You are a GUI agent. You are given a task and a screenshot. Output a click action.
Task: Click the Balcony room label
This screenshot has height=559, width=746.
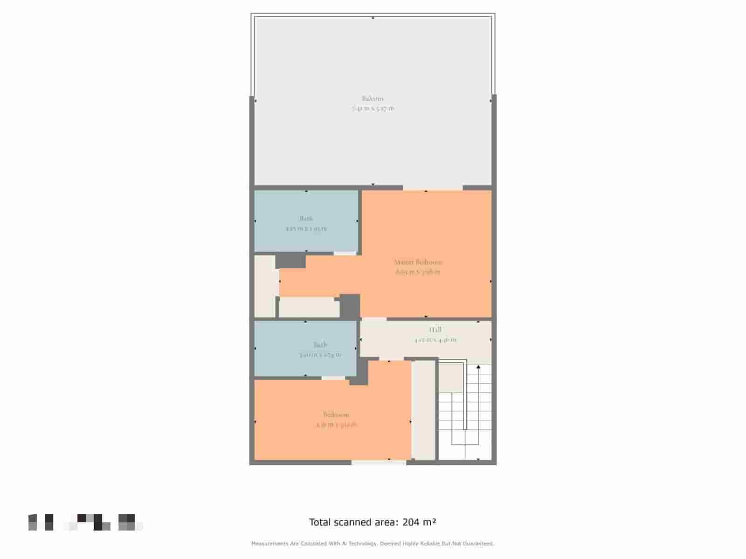point(373,98)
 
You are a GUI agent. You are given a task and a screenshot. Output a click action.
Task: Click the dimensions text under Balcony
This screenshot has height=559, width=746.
point(373,109)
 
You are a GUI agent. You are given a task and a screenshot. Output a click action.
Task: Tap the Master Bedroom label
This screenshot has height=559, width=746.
point(418,262)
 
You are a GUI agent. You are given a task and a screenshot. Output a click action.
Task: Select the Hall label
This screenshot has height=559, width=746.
point(435,330)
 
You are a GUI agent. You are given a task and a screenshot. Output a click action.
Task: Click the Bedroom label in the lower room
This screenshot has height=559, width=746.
point(336,415)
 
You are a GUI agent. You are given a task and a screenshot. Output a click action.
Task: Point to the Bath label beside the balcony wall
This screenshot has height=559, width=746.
point(306,218)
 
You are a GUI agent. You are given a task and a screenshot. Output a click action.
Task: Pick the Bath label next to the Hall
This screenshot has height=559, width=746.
point(320,345)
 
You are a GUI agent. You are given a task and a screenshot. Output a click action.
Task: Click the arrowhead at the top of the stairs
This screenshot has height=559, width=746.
point(478,367)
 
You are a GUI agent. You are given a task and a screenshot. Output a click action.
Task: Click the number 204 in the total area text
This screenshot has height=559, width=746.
point(411,522)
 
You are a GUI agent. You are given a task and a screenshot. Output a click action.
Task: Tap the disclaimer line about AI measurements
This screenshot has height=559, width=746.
point(373,544)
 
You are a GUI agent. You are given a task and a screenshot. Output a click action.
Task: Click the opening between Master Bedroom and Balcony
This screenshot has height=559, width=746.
point(433,188)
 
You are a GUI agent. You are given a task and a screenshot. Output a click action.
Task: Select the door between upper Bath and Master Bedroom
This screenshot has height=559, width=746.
point(345,253)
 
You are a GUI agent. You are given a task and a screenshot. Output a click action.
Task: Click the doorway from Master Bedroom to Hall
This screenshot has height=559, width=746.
point(374,319)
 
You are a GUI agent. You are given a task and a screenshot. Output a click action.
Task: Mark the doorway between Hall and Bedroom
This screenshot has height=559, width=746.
point(391,359)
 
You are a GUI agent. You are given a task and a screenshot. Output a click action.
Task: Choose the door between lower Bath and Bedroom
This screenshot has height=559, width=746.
point(333,378)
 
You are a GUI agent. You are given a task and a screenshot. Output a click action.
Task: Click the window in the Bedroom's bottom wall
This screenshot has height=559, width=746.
point(379,463)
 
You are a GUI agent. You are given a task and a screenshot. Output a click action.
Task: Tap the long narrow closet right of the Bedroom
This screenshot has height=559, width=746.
point(424,410)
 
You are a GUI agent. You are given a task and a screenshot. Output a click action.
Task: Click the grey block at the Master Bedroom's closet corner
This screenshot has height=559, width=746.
point(350,307)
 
